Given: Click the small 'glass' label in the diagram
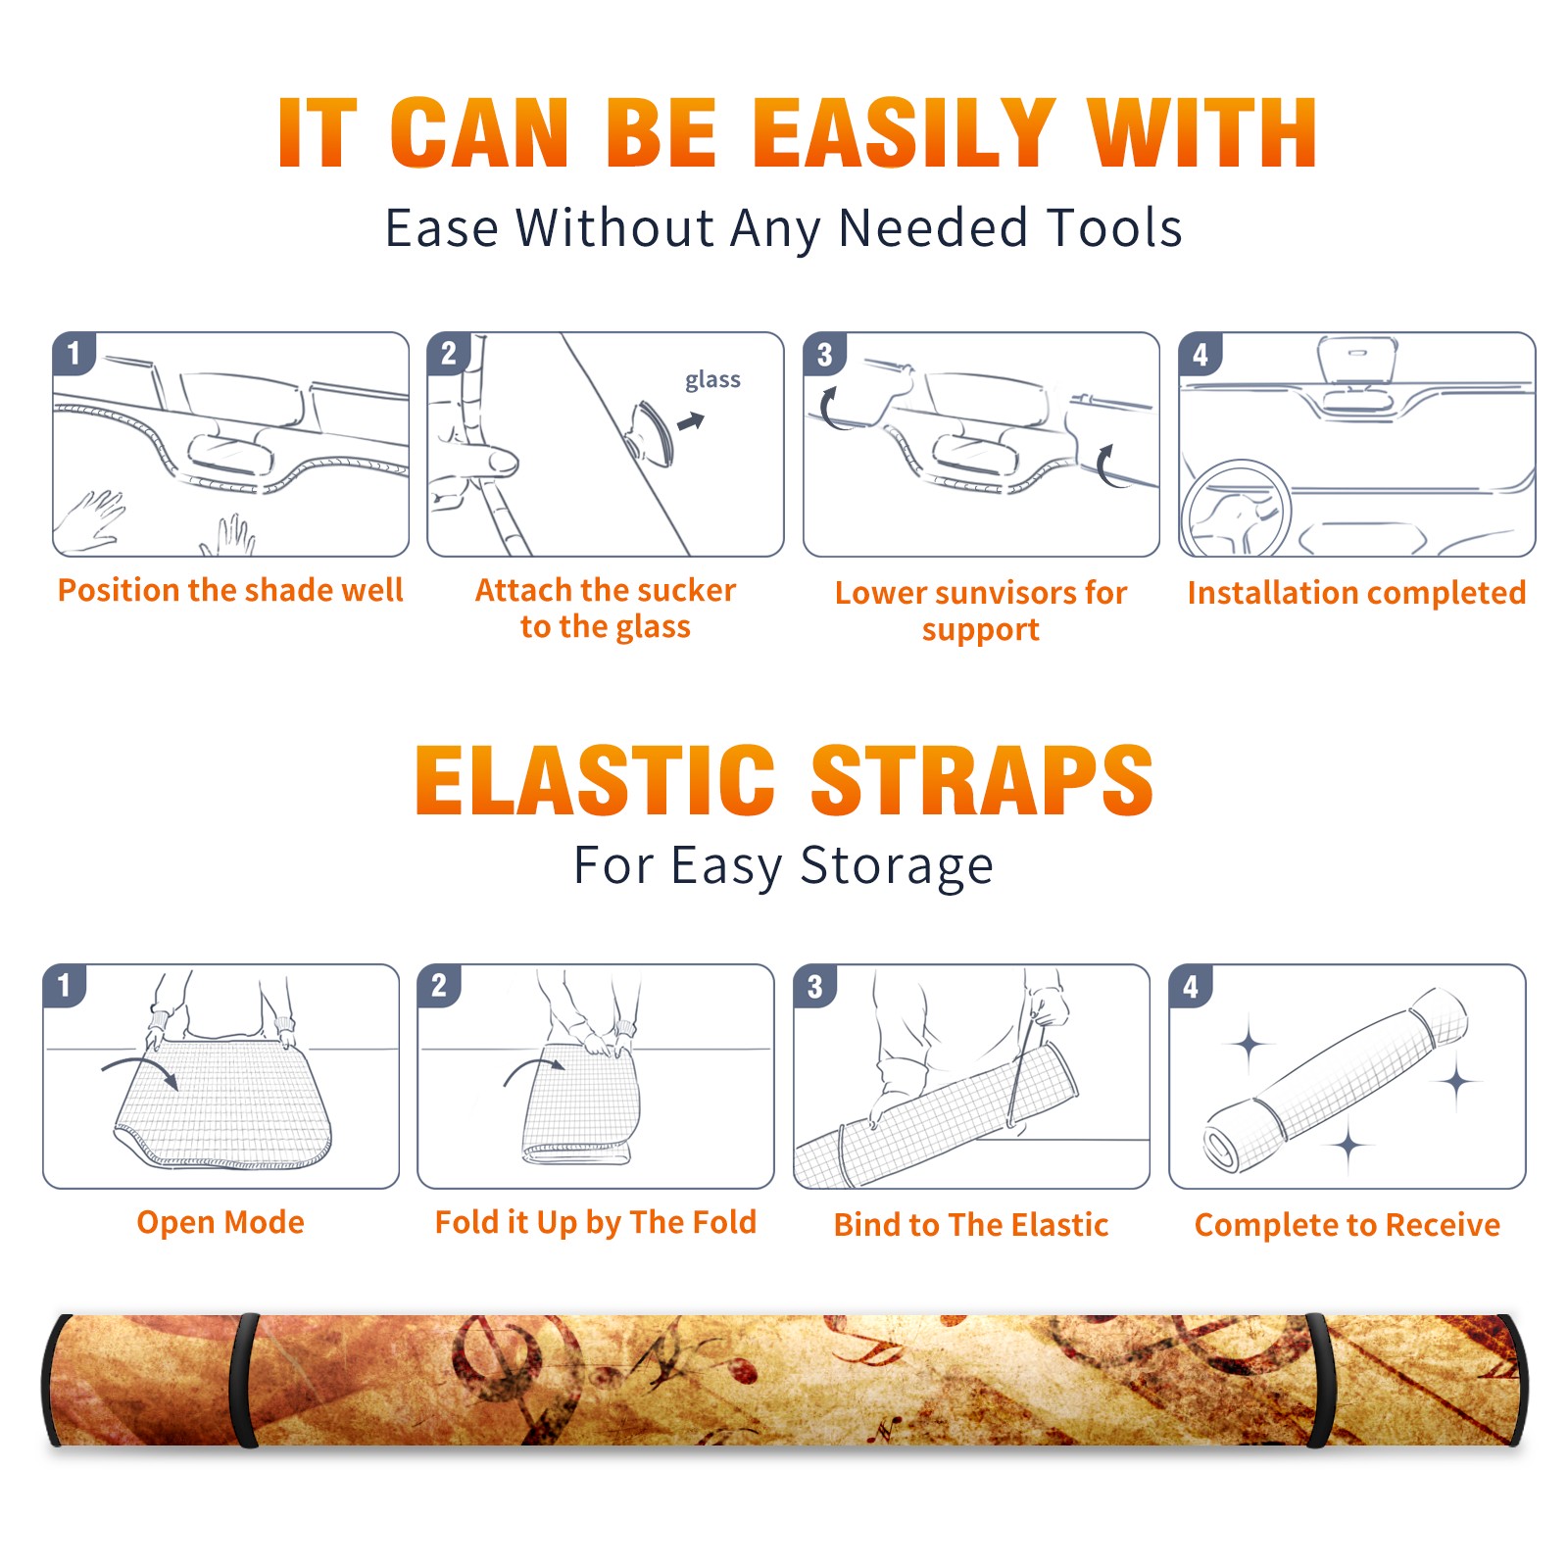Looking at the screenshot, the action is (712, 380).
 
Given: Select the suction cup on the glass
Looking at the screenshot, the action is (653, 432).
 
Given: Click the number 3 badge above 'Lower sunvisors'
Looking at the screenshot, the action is (824, 355).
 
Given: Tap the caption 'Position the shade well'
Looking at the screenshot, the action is (230, 590).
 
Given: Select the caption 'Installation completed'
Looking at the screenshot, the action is (1356, 592).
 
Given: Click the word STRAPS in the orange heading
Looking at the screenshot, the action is (982, 780).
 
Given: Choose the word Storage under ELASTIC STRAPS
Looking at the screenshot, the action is (897, 866).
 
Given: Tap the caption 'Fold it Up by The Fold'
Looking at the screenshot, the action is (596, 1222).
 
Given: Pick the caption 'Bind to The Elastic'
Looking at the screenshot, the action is (971, 1225).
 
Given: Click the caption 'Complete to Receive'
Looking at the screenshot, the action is (1347, 1225).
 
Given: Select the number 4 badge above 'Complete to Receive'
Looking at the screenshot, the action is (1191, 986).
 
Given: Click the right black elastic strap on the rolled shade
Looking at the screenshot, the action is (1320, 1381).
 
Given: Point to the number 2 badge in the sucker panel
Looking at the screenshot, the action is (449, 354).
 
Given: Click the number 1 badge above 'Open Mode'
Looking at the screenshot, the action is (65, 986).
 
